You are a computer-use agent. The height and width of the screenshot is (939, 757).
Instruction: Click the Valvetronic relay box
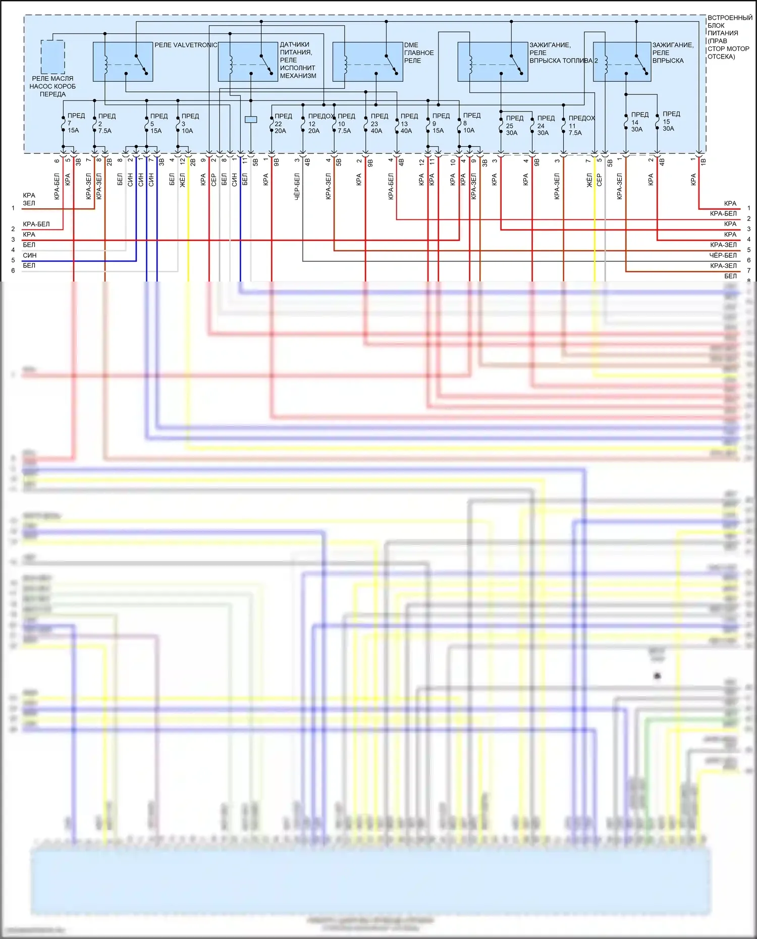pos(123,62)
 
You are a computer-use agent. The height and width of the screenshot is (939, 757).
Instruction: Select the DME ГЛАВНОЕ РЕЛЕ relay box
pos(367,62)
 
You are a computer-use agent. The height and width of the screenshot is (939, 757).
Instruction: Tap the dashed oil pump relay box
pos(52,57)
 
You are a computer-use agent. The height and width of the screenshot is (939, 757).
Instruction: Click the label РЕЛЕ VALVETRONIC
pos(186,45)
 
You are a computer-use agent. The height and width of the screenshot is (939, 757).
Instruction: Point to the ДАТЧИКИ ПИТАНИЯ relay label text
pos(298,60)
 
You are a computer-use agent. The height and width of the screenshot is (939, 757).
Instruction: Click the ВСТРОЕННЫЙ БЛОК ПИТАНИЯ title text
pos(729,37)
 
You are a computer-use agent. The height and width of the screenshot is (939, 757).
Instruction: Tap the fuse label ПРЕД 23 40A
pos(378,123)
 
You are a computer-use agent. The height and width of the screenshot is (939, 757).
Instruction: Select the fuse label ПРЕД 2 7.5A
pos(105,123)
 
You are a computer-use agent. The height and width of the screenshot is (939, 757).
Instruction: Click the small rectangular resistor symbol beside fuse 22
pos(250,120)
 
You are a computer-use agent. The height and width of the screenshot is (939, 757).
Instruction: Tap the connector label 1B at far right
pos(703,161)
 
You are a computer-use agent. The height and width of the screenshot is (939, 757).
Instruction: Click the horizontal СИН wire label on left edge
pos(29,255)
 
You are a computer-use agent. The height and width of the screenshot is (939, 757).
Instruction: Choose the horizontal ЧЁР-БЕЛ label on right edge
pos(723,255)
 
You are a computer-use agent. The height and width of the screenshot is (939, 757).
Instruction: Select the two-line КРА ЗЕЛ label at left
pos(29,199)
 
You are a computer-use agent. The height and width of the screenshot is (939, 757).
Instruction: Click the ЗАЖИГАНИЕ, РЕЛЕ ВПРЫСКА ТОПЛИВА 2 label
pos(562,52)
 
